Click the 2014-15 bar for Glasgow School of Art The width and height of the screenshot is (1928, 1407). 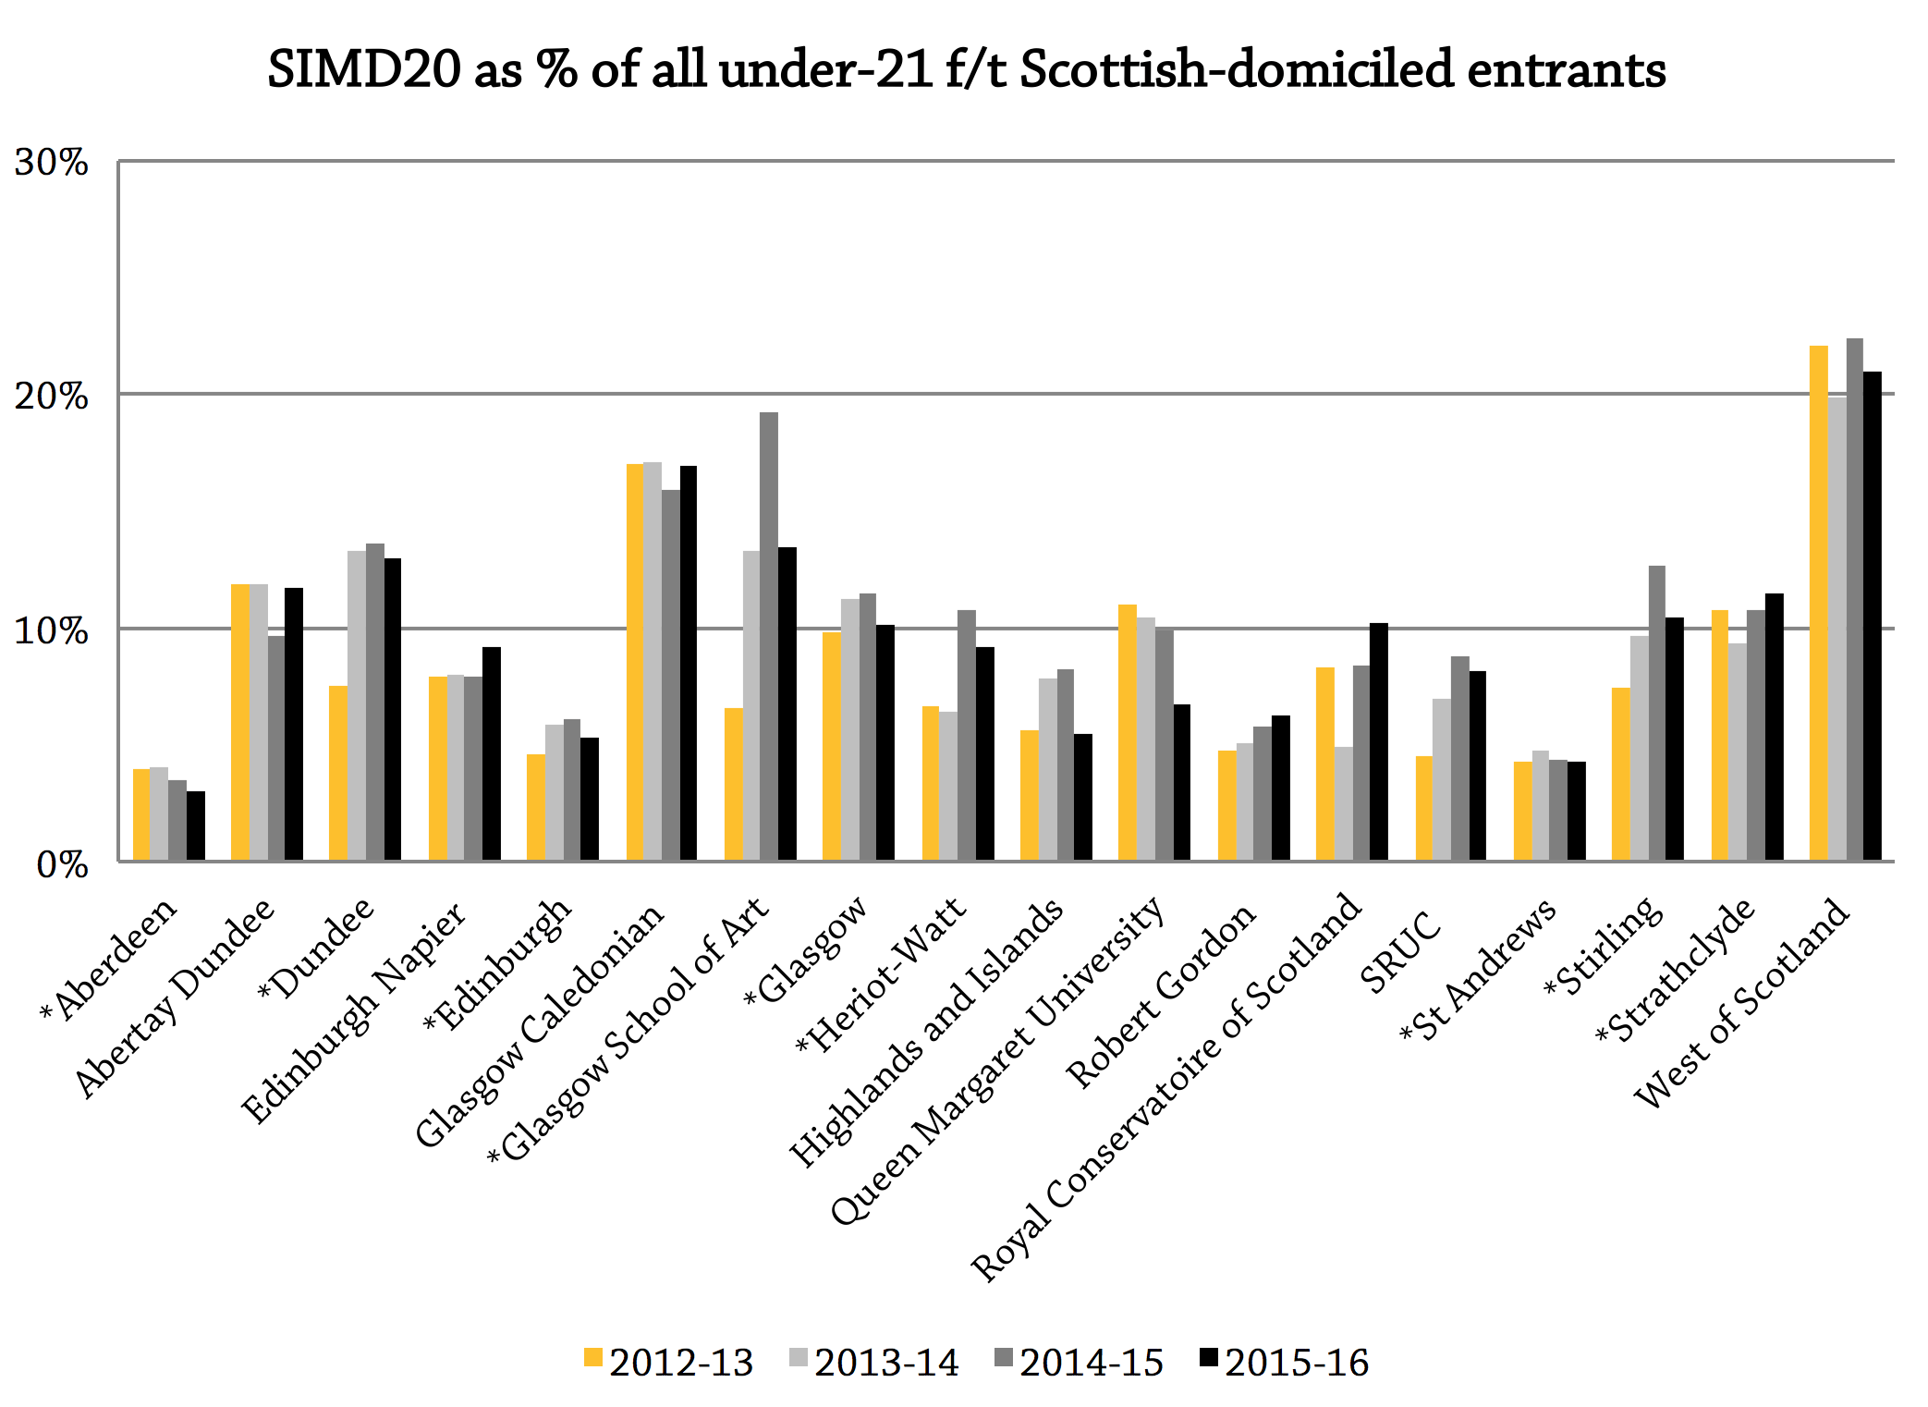pyautogui.click(x=768, y=638)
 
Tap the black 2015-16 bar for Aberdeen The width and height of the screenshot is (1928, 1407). pyautogui.click(x=196, y=826)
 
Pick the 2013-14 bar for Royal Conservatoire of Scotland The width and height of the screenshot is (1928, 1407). pyautogui.click(x=1343, y=804)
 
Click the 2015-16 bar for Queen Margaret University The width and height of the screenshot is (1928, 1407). pyautogui.click(x=1181, y=783)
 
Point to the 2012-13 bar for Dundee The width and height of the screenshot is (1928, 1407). pyautogui.click(x=338, y=774)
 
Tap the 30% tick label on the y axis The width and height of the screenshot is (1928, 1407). pyautogui.click(x=51, y=163)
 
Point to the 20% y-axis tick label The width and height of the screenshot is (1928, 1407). pyautogui.click(x=51, y=397)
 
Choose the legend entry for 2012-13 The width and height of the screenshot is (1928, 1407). pyautogui.click(x=669, y=1362)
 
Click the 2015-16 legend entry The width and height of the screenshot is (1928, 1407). pyautogui.click(x=1285, y=1362)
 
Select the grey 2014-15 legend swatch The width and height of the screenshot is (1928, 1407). pyautogui.click(x=1005, y=1359)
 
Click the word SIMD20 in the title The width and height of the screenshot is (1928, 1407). pyautogui.click(x=364, y=69)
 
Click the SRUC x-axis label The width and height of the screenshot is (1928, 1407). pyautogui.click(x=1400, y=952)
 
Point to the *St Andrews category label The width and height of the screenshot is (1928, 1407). pyautogui.click(x=1479, y=971)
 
